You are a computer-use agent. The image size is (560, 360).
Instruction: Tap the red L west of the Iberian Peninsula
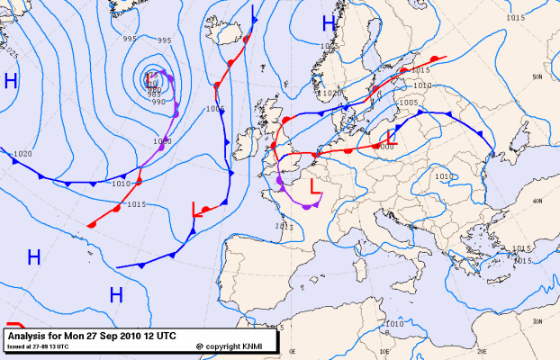click(x=196, y=210)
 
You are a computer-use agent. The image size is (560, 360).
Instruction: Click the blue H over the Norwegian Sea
click(x=329, y=23)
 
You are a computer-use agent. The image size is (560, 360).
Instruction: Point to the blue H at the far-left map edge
click(x=11, y=81)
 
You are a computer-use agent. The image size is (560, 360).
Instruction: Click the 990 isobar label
click(x=158, y=102)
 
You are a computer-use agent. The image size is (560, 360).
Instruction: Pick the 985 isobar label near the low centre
click(x=154, y=94)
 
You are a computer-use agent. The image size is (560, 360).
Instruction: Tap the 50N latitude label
click(x=537, y=77)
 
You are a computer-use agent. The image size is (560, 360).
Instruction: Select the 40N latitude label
click(x=537, y=201)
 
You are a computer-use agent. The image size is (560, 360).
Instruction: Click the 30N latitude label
click(x=537, y=321)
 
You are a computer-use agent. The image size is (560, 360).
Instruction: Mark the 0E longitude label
click(x=281, y=328)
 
